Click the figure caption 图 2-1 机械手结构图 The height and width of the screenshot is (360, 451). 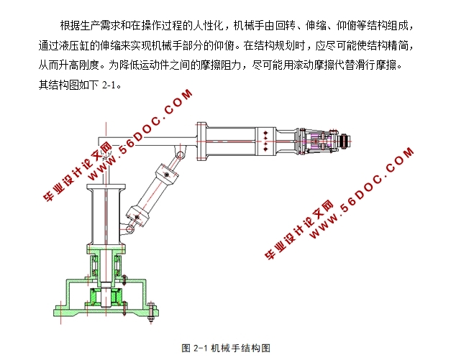[x=226, y=348]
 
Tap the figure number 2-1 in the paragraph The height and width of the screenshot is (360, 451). [x=109, y=85]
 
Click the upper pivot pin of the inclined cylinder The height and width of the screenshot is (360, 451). [x=180, y=155]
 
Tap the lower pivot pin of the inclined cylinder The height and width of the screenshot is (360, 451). [x=129, y=229]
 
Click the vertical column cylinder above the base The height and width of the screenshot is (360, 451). [x=106, y=215]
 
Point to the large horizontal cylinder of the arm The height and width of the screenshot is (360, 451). [x=231, y=141]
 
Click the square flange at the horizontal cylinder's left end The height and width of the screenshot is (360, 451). [x=201, y=141]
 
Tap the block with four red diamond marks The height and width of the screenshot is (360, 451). [x=265, y=141]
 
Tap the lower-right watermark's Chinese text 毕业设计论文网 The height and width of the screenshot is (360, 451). [x=299, y=230]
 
